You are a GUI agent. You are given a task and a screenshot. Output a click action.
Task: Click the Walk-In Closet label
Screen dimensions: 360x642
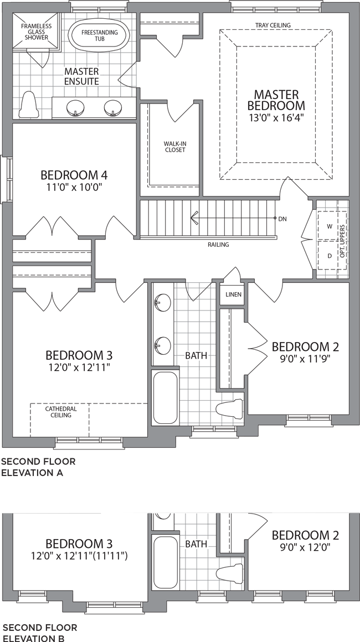click(x=175, y=147)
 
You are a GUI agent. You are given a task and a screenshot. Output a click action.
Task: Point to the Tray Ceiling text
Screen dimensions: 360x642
click(x=272, y=25)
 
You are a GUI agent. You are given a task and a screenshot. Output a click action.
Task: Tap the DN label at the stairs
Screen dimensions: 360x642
click(x=282, y=219)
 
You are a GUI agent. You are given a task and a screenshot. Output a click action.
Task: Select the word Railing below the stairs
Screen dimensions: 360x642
click(x=218, y=245)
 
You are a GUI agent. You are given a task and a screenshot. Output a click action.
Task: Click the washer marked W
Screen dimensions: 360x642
click(x=330, y=226)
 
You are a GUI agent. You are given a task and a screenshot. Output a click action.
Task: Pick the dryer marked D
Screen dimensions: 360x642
click(x=330, y=256)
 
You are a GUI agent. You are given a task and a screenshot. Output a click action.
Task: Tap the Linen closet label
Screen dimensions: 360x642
click(x=234, y=294)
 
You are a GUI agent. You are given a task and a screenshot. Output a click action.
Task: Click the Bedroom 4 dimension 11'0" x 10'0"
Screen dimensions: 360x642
click(x=74, y=188)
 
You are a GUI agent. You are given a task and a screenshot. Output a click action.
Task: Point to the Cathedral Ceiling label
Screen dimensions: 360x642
click(x=61, y=412)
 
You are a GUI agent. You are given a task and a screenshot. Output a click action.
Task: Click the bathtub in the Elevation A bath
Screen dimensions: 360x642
click(x=165, y=397)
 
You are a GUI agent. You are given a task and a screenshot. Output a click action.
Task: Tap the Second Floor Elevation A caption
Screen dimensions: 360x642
click(x=39, y=467)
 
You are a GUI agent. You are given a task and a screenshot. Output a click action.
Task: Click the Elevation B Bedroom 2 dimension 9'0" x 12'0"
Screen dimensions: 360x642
click(x=305, y=547)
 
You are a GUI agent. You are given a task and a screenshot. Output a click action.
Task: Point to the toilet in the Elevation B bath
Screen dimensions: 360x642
click(x=229, y=573)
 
